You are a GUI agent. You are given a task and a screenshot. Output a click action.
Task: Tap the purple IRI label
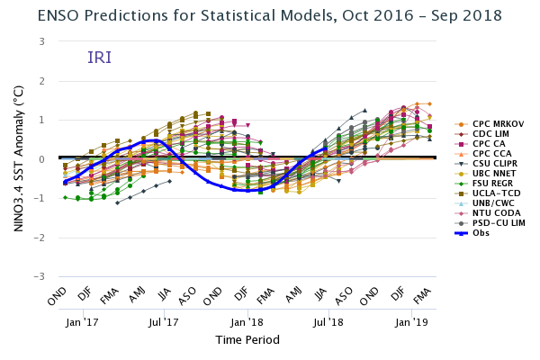point(99,58)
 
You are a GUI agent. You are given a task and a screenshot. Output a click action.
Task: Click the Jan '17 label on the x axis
point(82,321)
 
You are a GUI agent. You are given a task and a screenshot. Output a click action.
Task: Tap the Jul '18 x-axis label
point(329,321)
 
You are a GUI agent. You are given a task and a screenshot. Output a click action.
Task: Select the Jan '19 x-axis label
point(412,321)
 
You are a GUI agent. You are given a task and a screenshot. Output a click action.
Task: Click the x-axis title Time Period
point(247,340)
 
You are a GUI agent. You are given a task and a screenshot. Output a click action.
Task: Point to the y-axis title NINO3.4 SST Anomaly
point(18,159)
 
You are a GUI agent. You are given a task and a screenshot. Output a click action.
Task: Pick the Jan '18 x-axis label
point(247,321)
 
